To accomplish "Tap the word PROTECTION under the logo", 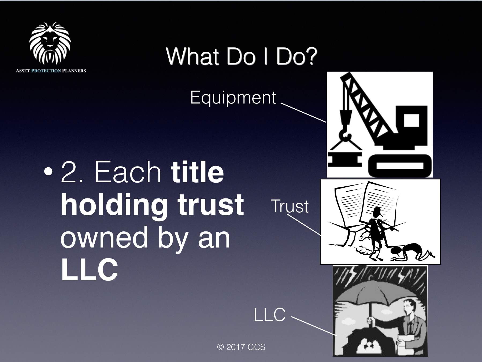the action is (46, 71).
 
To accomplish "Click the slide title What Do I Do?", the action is (241, 56).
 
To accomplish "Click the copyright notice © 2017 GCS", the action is (241, 347).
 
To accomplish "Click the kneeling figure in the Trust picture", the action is (413, 252).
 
